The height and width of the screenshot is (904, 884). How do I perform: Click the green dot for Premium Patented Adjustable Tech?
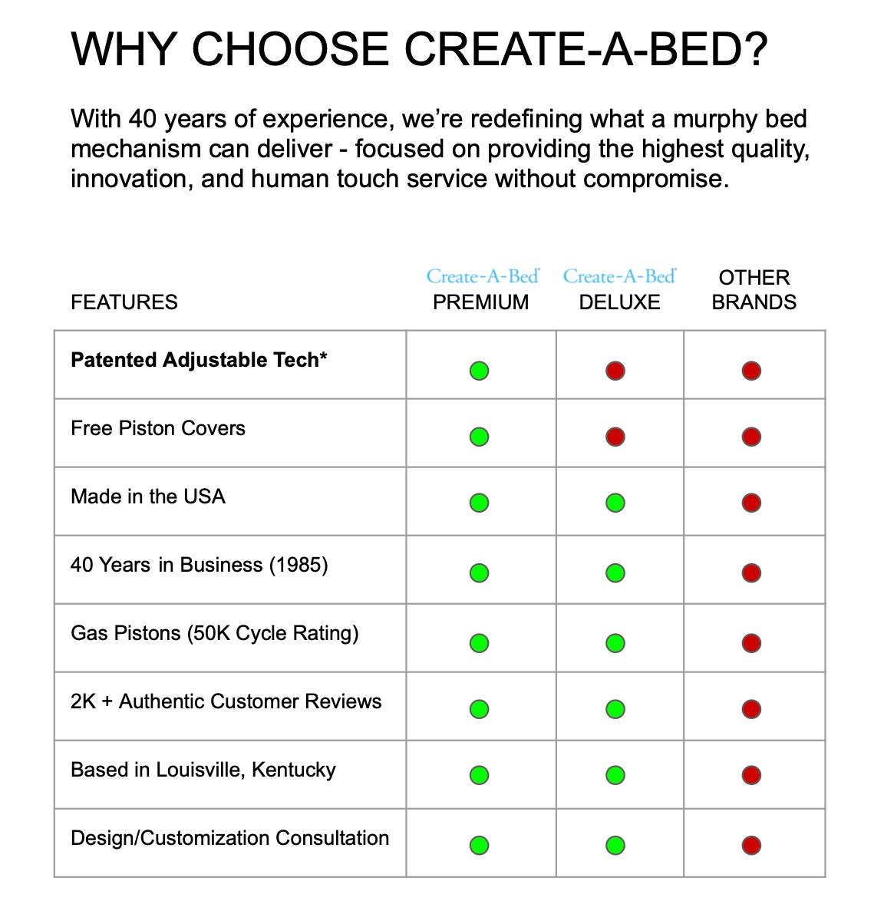tap(479, 371)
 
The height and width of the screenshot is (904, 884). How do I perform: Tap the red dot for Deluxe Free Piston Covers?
tap(615, 437)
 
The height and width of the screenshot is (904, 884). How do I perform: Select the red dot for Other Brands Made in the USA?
tap(751, 503)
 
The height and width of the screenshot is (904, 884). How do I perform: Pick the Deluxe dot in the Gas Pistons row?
tap(615, 643)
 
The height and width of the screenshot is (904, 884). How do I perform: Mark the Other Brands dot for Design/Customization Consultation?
tap(751, 845)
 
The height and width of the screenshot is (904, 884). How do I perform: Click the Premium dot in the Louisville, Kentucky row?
tap(479, 775)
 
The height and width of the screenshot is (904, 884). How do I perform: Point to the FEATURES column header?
tap(124, 302)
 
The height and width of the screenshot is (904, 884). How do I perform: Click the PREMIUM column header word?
tap(480, 302)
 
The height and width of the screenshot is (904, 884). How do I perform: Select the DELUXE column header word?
tap(619, 302)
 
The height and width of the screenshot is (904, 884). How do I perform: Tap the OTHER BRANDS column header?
tap(754, 289)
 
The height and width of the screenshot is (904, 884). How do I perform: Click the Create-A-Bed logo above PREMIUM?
tap(483, 276)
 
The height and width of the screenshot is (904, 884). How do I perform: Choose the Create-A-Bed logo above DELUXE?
tap(620, 276)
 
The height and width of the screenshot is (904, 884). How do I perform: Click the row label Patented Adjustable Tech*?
tap(199, 361)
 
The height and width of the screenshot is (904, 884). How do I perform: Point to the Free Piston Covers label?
tap(158, 427)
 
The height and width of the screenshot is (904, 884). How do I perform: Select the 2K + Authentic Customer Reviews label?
tap(226, 701)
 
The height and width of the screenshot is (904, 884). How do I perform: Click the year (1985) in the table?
tap(299, 565)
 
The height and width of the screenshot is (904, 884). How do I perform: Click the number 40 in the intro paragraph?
tap(141, 119)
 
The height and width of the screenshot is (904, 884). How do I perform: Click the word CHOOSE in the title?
tap(290, 48)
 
